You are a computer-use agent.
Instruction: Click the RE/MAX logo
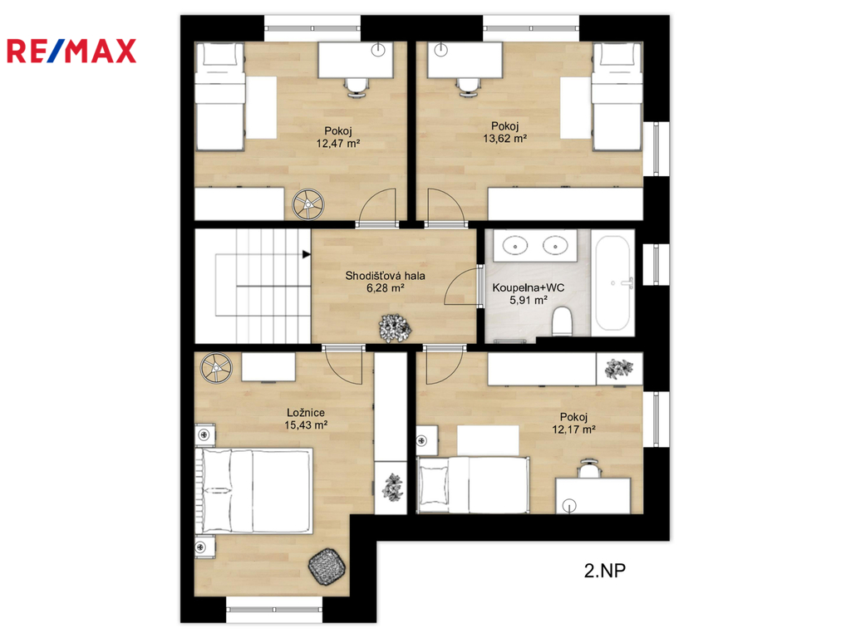(x=71, y=51)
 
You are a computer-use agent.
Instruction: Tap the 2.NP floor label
(x=605, y=570)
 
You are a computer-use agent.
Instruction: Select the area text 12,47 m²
(x=338, y=144)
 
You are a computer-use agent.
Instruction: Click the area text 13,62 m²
(x=504, y=139)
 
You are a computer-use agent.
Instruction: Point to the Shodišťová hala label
(x=386, y=276)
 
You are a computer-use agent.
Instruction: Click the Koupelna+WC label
(x=528, y=287)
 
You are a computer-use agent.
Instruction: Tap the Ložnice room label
(x=306, y=413)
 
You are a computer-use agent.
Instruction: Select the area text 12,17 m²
(x=573, y=429)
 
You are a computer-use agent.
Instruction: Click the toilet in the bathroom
(x=562, y=321)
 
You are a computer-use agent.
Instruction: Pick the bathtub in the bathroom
(x=612, y=282)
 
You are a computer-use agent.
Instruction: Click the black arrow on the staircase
(x=306, y=254)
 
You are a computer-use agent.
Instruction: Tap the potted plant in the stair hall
(x=395, y=328)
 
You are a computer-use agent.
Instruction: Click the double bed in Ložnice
(x=253, y=490)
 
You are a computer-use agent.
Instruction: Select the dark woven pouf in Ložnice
(x=327, y=567)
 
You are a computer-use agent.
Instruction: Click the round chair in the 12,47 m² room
(x=308, y=204)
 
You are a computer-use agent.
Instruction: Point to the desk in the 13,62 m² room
(x=465, y=60)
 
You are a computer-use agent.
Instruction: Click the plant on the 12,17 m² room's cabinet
(x=618, y=369)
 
